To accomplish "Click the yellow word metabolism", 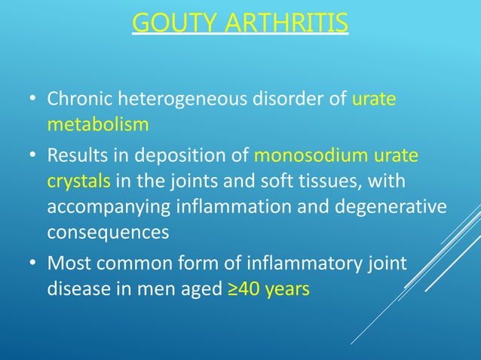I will (x=97, y=124).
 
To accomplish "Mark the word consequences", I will (x=108, y=232).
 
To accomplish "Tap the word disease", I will (x=78, y=289).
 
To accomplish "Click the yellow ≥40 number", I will (x=241, y=289).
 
